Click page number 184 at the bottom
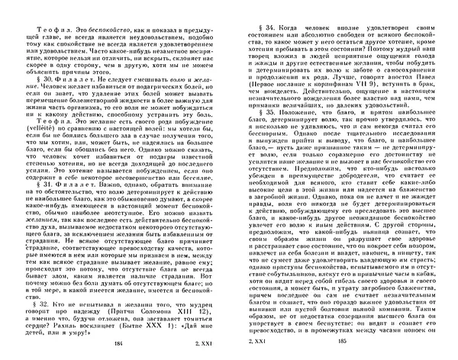click(116, 348)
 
